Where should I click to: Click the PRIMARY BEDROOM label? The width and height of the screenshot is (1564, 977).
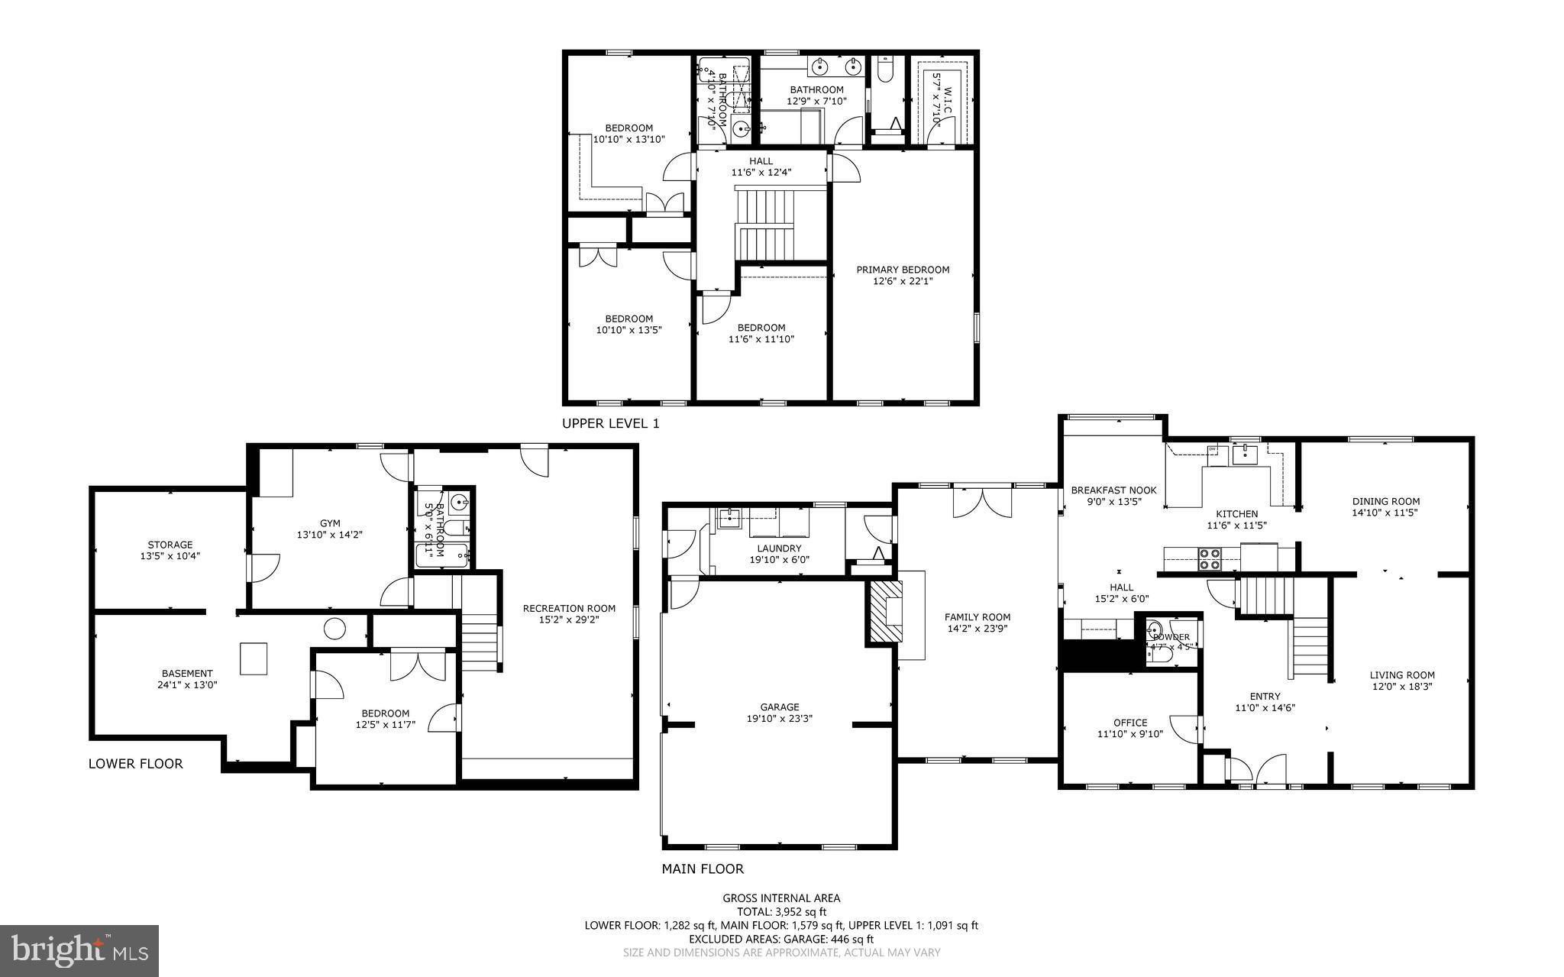pyautogui.click(x=903, y=270)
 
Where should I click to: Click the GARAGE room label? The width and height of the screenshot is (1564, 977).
pyautogui.click(x=779, y=707)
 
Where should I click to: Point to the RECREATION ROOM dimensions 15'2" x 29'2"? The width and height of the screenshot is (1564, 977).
pyautogui.click(x=568, y=620)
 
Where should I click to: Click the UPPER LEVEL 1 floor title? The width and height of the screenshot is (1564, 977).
pyautogui.click(x=610, y=423)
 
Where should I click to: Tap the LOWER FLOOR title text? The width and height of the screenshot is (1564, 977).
pyautogui.click(x=135, y=763)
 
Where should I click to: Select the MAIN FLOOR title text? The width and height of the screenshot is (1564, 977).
pyautogui.click(x=702, y=869)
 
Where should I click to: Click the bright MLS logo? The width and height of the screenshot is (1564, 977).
pyautogui.click(x=79, y=950)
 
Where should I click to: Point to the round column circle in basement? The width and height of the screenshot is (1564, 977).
pyautogui.click(x=334, y=629)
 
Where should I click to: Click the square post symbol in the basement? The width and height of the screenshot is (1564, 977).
pyautogui.click(x=254, y=658)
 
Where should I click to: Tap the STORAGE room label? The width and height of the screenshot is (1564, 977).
pyautogui.click(x=170, y=545)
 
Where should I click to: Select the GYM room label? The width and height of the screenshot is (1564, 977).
pyautogui.click(x=330, y=523)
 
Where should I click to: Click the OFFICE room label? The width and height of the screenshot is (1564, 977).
pyautogui.click(x=1129, y=723)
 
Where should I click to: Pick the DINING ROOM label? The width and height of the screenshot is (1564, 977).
pyautogui.click(x=1385, y=502)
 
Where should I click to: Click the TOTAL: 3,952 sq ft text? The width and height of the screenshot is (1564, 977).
pyautogui.click(x=781, y=911)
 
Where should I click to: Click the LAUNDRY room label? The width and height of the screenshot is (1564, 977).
pyautogui.click(x=779, y=548)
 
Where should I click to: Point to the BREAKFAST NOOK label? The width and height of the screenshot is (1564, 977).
pyautogui.click(x=1113, y=490)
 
